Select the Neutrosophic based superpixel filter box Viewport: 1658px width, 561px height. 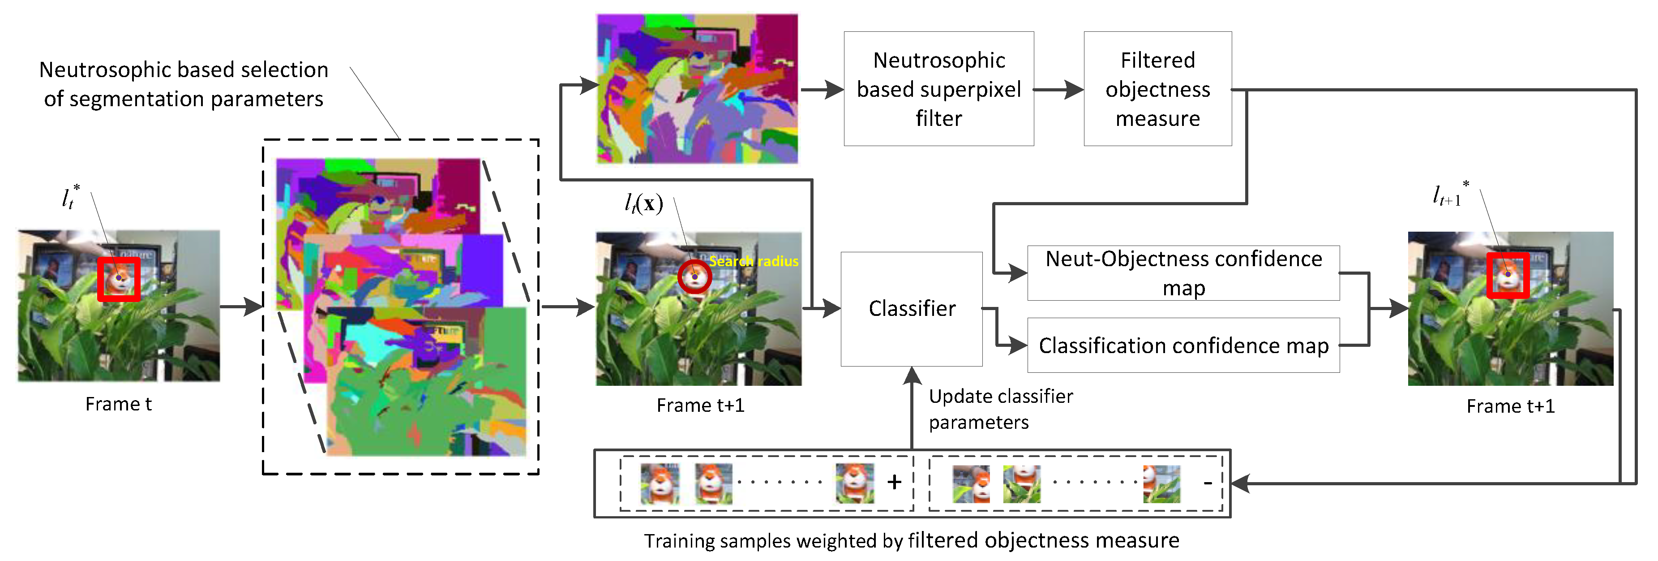pyautogui.click(x=938, y=89)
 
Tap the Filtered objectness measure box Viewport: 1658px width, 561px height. pyautogui.click(x=1157, y=89)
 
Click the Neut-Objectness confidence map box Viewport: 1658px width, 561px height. pyautogui.click(x=1183, y=273)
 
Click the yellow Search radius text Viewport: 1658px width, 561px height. pyautogui.click(x=754, y=261)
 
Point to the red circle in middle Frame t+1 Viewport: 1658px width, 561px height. pyautogui.click(x=694, y=276)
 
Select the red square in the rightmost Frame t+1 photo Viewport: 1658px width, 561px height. pyautogui.click(x=1508, y=275)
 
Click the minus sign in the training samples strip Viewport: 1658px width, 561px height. pyautogui.click(x=1208, y=483)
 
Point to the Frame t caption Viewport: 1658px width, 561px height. pyautogui.click(x=118, y=404)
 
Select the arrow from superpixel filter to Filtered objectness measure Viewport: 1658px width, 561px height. pyautogui.click(x=1059, y=90)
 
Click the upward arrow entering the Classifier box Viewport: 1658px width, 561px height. pyautogui.click(x=912, y=406)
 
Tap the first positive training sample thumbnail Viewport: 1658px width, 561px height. pyautogui.click(x=660, y=483)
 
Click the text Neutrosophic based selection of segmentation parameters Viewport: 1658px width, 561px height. pyautogui.click(x=184, y=84)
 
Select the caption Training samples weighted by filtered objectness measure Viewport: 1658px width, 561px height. pyautogui.click(x=912, y=540)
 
